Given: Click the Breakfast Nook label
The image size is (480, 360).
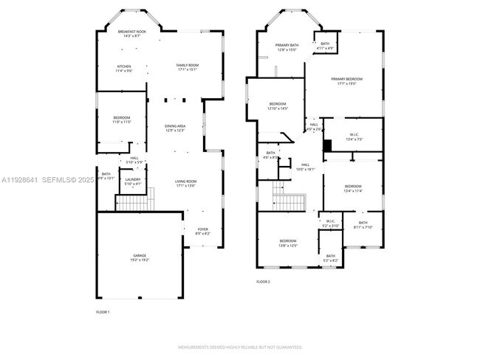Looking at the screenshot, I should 132,33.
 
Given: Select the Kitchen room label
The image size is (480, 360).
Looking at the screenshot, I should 123,69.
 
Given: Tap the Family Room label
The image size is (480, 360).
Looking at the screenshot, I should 187,67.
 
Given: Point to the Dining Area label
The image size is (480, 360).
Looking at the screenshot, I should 175,128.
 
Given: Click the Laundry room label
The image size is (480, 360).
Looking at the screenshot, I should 133,181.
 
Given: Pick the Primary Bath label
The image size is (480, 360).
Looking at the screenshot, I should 286,48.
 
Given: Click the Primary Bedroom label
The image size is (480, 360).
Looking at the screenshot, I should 346,81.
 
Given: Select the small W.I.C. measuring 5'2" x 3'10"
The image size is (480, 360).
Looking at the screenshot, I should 330,222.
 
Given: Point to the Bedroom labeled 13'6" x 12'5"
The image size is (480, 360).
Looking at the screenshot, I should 287,243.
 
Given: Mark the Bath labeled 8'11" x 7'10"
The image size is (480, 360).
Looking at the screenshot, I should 363,225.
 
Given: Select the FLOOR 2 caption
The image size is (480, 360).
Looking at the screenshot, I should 263,282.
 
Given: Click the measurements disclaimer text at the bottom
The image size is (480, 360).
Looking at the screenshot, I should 240,347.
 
